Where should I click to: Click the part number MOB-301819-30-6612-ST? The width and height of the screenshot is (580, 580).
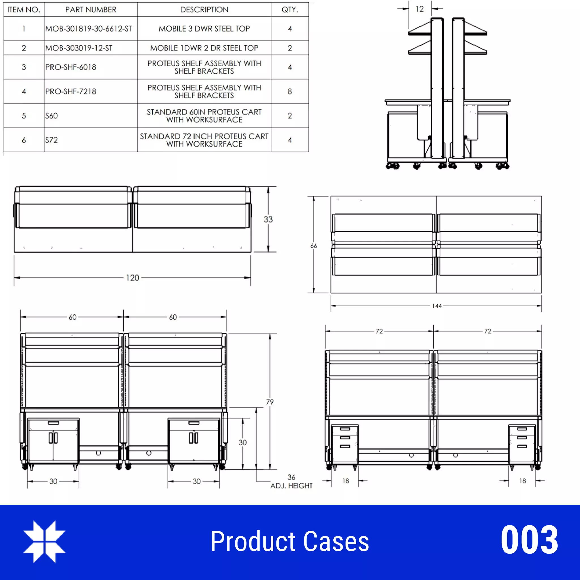pyautogui.click(x=89, y=29)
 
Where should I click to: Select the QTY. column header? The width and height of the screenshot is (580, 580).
pyautogui.click(x=289, y=10)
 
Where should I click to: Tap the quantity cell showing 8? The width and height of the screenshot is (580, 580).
pyautogui.click(x=289, y=91)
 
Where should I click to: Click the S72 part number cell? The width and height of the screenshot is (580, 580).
pyautogui.click(x=52, y=140)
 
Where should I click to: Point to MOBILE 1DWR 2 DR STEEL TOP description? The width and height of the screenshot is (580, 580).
pyautogui.click(x=204, y=48)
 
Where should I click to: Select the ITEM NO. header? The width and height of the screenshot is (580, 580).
pyautogui.click(x=24, y=10)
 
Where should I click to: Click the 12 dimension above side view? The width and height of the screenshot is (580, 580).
pyautogui.click(x=419, y=9)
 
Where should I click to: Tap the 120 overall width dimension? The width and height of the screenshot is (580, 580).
pyautogui.click(x=132, y=278)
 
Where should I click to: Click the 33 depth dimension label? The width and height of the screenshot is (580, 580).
pyautogui.click(x=268, y=219)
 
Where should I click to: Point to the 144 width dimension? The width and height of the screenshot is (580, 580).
pyautogui.click(x=437, y=306)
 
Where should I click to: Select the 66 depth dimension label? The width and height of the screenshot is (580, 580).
pyautogui.click(x=314, y=246)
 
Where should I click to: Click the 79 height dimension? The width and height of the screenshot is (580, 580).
pyautogui.click(x=270, y=402)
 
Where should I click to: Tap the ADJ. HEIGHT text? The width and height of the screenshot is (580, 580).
pyautogui.click(x=291, y=486)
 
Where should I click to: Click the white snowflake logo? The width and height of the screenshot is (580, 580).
pyautogui.click(x=44, y=541)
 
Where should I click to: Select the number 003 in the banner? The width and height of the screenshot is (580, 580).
pyautogui.click(x=529, y=541)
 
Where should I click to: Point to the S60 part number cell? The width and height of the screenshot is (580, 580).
pyautogui.click(x=52, y=116)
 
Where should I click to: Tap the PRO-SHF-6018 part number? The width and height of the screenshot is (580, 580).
pyautogui.click(x=71, y=67)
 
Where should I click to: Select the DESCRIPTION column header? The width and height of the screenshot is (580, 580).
pyautogui.click(x=204, y=10)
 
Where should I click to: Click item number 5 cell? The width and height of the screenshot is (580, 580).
pyautogui.click(x=24, y=116)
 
